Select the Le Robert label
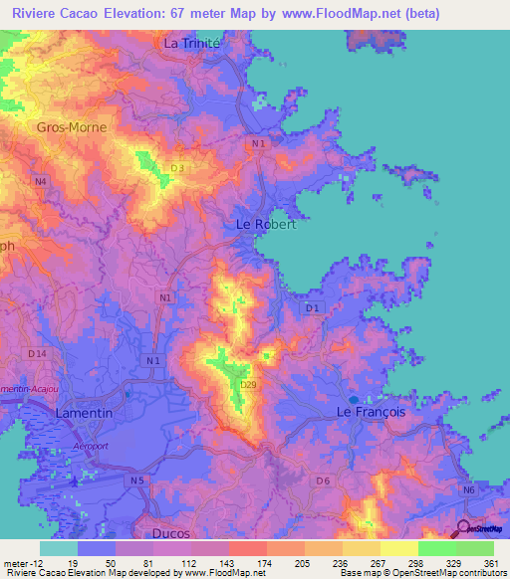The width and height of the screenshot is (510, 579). tap(266, 225)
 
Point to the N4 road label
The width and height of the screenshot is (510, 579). tap(40, 181)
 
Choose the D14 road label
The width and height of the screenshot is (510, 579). tap(38, 353)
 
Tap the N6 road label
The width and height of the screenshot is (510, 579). tap(468, 489)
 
